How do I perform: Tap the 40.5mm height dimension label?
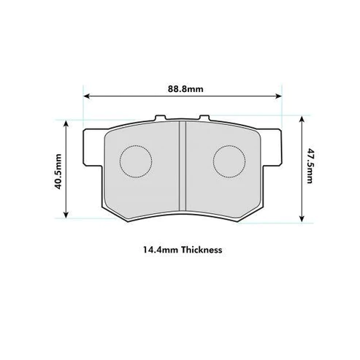pos(58,170)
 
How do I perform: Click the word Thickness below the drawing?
pos(198,249)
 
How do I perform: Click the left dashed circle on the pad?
pos(134,160)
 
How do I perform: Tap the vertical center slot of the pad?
pos(181,164)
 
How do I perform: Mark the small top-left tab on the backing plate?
pos(163,117)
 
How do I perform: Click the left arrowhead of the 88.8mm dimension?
pos(86,96)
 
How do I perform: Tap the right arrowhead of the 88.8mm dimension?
pos(278,96)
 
